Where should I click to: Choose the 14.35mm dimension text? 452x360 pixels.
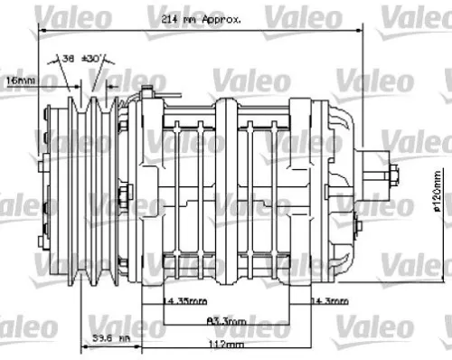point(184,299)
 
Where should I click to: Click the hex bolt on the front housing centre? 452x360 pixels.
point(126,193)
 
